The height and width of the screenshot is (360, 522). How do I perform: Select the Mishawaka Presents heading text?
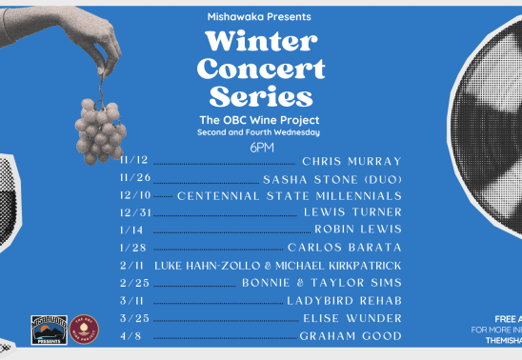(258, 17)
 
